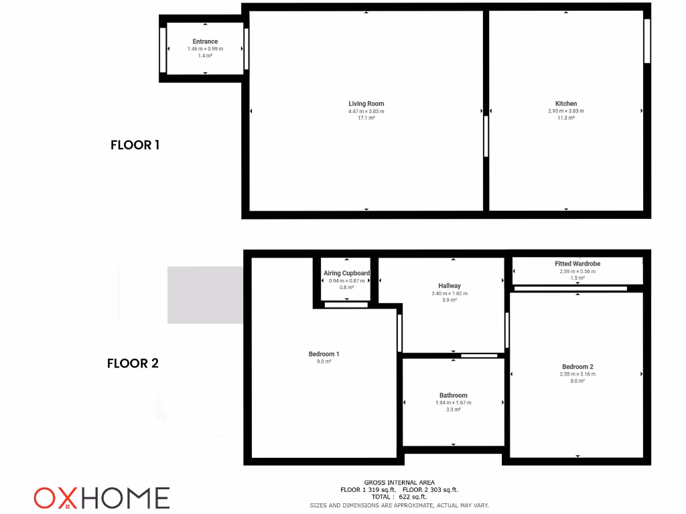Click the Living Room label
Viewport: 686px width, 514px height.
366,104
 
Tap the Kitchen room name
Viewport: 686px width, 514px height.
566,104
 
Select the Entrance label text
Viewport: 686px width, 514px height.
205,41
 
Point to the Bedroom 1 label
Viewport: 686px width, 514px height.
324,354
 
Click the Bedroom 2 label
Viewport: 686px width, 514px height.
577,367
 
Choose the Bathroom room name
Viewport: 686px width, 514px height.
454,396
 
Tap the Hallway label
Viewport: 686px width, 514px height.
450,286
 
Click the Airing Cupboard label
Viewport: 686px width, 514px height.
346,273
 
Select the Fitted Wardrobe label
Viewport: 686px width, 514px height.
577,264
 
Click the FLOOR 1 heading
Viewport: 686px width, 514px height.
135,145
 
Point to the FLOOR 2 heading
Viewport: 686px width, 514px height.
133,363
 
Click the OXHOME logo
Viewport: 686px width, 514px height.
102,498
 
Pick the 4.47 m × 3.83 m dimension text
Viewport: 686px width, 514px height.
366,111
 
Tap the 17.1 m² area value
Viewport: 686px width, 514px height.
366,118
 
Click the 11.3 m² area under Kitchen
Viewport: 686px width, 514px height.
566,118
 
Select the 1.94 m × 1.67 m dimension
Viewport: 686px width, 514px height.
454,403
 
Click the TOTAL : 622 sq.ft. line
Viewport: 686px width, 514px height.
399,497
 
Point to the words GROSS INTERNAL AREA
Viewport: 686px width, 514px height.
399,483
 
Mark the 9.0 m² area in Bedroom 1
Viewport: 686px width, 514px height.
324,361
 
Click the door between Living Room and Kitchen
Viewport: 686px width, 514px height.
486,137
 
